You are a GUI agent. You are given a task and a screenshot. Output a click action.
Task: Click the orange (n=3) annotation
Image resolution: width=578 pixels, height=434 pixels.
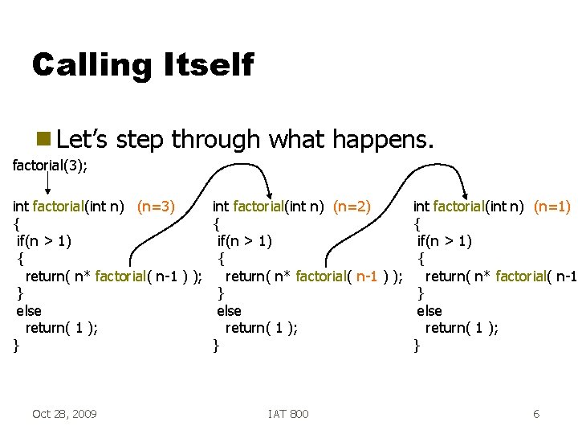(x=156, y=207)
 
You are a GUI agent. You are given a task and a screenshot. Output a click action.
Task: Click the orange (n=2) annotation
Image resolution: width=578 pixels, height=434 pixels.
(x=352, y=207)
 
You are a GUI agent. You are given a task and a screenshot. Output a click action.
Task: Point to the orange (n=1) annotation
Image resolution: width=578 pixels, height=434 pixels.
(x=552, y=207)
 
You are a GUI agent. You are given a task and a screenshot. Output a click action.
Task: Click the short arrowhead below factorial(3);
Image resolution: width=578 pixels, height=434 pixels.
(x=48, y=193)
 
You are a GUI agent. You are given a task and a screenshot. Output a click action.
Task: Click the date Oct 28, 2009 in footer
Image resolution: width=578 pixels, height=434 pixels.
(x=64, y=413)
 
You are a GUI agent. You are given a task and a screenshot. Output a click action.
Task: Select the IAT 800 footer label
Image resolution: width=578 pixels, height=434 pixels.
(x=288, y=413)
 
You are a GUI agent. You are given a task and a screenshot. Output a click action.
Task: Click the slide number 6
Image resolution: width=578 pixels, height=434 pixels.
(x=535, y=413)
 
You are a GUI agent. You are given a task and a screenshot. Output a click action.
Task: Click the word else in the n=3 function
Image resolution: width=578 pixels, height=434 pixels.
(x=29, y=310)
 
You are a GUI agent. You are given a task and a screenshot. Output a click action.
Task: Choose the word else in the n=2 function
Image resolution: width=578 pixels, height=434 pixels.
(x=229, y=310)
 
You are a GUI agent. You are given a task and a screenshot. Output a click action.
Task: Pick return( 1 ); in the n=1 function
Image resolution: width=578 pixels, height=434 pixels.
(x=462, y=328)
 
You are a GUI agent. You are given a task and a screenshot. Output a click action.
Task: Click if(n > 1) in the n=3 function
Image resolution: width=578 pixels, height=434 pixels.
(x=43, y=241)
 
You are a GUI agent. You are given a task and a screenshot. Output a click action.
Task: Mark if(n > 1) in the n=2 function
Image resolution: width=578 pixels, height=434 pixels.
(x=244, y=241)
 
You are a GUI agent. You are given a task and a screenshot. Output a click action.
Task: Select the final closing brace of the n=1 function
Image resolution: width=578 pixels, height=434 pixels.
(x=416, y=346)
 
